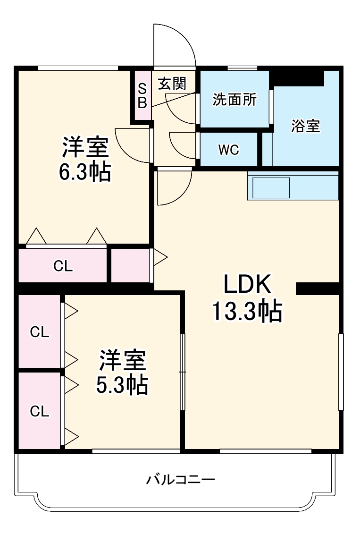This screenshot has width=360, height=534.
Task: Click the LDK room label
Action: click(x=247, y=286)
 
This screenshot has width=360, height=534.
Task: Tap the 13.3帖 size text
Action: click(x=247, y=312)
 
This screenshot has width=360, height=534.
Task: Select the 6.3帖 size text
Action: click(x=85, y=173)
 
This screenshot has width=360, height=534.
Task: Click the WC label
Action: click(x=228, y=150)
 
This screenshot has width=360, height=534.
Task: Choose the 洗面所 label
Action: click(x=234, y=100)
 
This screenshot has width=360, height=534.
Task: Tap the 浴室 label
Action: click(x=305, y=126)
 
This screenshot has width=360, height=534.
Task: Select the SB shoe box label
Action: click(x=142, y=96)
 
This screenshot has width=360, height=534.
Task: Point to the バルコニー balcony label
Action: click(x=181, y=480)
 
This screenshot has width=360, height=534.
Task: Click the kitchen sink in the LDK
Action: click(x=271, y=188)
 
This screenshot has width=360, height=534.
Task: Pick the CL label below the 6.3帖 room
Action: click(x=63, y=266)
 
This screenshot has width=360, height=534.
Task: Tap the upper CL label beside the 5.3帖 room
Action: click(x=40, y=332)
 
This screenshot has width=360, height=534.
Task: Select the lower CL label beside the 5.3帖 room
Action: click(x=40, y=411)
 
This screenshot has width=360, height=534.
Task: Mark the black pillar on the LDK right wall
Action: click(x=317, y=288)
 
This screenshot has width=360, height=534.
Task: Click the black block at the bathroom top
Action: click(x=298, y=76)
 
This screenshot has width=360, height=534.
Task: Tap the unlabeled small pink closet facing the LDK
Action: click(x=130, y=265)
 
